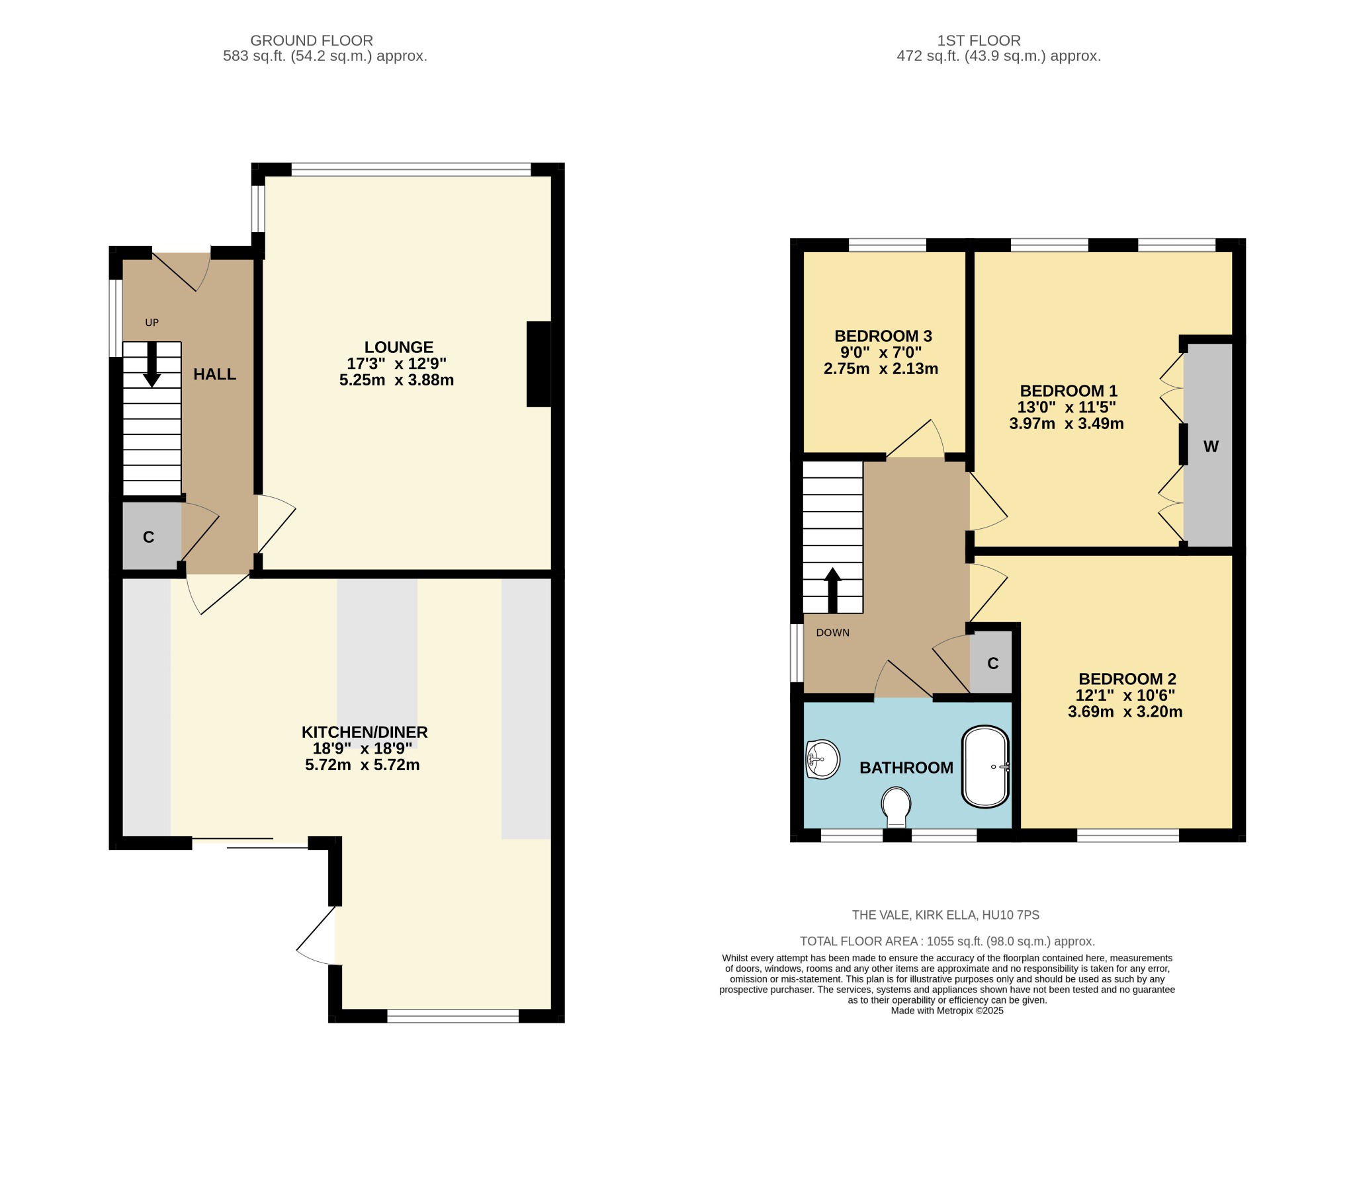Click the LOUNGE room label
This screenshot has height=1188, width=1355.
click(x=398, y=347)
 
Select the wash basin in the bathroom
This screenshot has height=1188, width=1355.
click(x=822, y=760)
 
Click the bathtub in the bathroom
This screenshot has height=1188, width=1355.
click(x=986, y=767)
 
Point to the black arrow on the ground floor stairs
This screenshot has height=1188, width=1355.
click(x=152, y=365)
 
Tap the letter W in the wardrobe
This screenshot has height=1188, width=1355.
click(x=1211, y=447)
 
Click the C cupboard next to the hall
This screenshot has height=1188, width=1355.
click(x=149, y=537)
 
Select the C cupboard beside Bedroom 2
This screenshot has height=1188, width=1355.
click(x=992, y=663)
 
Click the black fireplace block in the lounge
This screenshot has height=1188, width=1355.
click(x=539, y=364)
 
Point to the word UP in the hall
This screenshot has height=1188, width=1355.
click(x=152, y=323)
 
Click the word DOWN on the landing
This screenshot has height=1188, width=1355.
click(x=832, y=633)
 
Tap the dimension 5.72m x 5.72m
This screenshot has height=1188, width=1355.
click(x=362, y=766)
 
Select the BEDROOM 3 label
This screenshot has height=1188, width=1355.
click(x=883, y=336)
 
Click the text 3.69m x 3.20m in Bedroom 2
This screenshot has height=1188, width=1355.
click(x=1125, y=712)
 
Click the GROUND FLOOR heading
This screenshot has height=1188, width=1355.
click(x=312, y=40)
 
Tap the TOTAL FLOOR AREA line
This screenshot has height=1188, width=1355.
click(x=947, y=941)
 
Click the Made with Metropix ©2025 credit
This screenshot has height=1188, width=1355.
click(x=947, y=1010)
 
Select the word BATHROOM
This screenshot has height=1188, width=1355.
click(x=906, y=768)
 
